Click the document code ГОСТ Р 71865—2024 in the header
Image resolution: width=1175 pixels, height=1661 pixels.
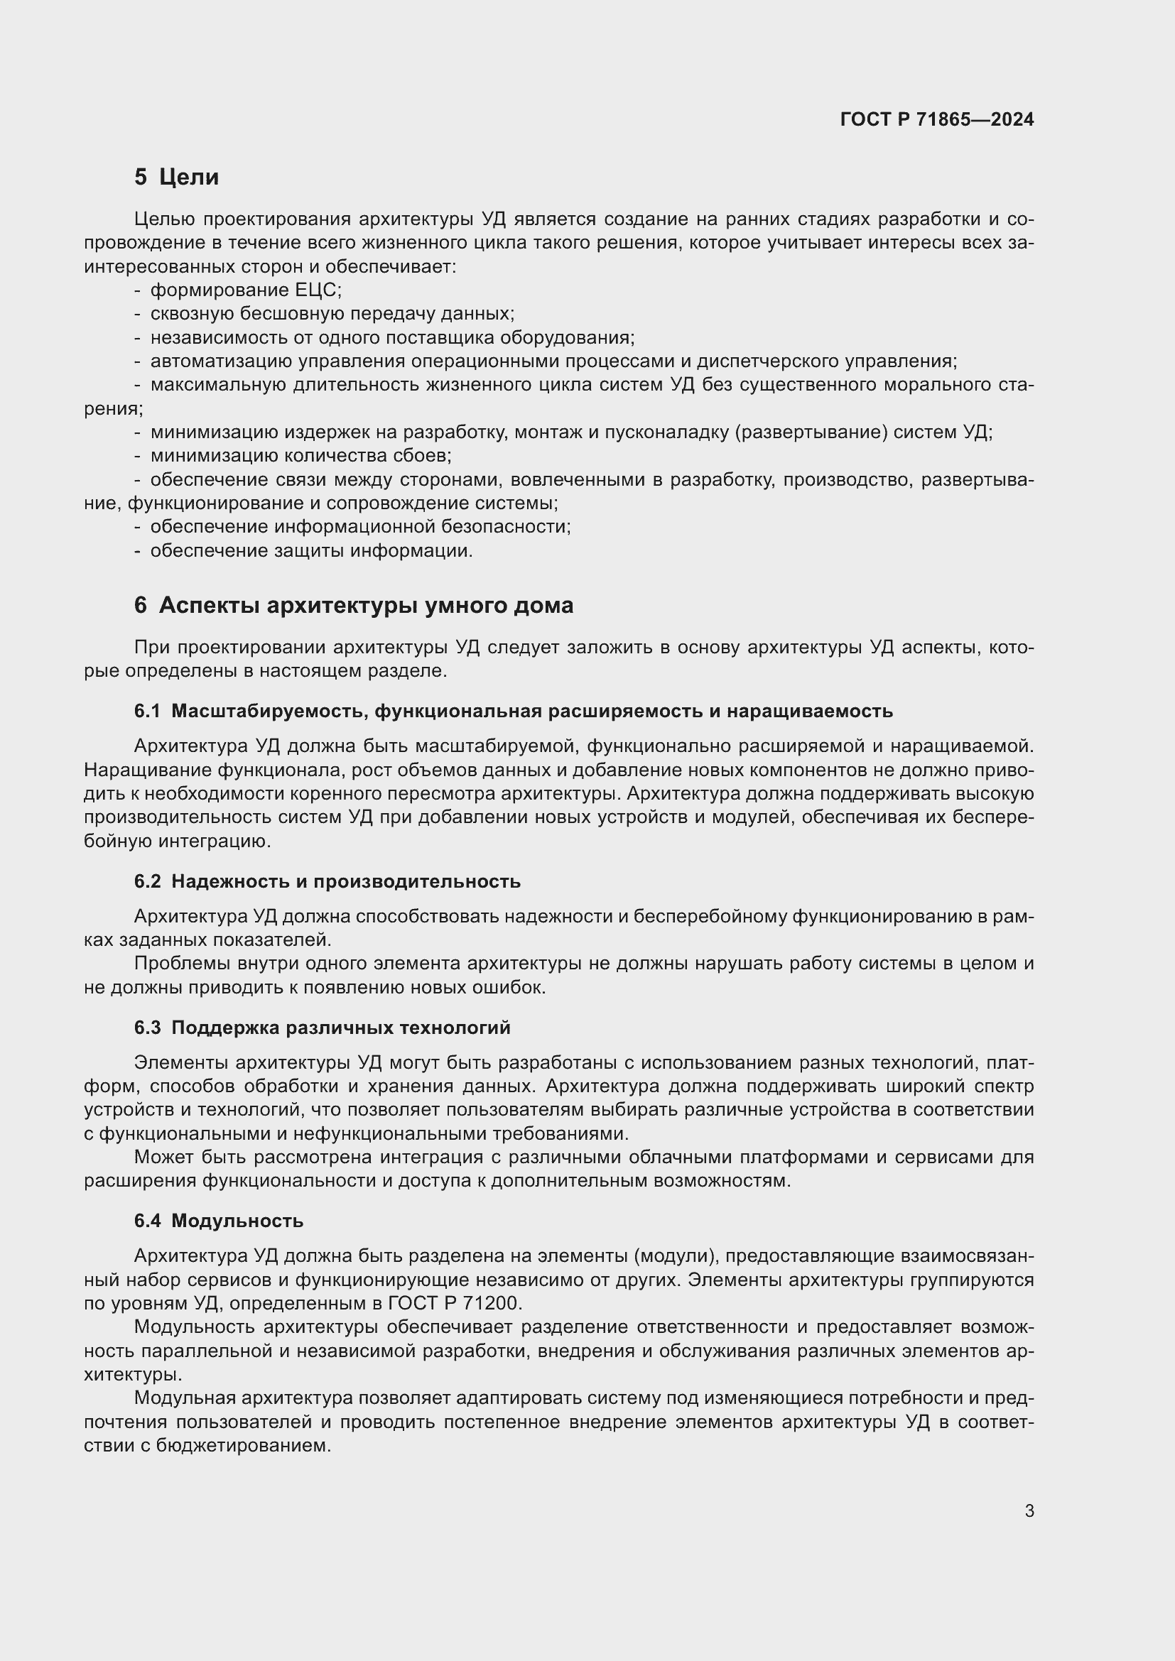pyautogui.click(x=937, y=119)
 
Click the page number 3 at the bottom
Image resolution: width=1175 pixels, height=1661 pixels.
pyautogui.click(x=1029, y=1510)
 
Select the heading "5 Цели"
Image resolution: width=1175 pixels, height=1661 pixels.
pyautogui.click(x=177, y=177)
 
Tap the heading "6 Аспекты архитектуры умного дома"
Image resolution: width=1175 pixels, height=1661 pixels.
pyautogui.click(x=354, y=605)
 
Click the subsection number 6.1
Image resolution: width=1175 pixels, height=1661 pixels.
pyautogui.click(x=147, y=711)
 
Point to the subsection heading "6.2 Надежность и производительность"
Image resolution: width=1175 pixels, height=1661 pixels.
pyautogui.click(x=327, y=881)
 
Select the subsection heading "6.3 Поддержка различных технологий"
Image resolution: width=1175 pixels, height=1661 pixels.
pyautogui.click(x=322, y=1028)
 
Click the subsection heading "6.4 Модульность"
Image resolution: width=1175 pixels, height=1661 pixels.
pyautogui.click(x=219, y=1221)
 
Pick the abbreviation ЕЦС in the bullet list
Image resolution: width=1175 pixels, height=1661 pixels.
pyautogui.click(x=316, y=290)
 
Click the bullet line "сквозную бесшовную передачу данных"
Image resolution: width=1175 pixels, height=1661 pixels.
pyautogui.click(x=332, y=314)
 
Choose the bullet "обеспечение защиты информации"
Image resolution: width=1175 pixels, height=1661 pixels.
pyautogui.click(x=311, y=550)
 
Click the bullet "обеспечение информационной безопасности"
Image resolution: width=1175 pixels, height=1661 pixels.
pyautogui.click(x=360, y=527)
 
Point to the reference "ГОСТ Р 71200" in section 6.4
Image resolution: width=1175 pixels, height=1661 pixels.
pyautogui.click(x=454, y=1303)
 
